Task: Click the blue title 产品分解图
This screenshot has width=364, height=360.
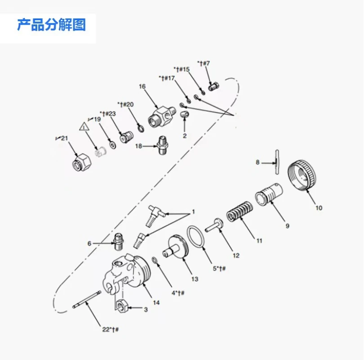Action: [x=51, y=24]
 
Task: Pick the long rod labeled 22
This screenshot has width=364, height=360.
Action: [x=85, y=301]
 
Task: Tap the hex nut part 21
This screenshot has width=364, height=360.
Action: [x=80, y=161]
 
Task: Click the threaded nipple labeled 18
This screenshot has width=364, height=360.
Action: [x=162, y=146]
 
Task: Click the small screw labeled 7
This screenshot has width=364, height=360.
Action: [x=214, y=86]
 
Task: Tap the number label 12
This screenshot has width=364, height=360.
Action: [x=236, y=256]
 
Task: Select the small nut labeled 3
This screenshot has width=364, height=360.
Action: [x=120, y=306]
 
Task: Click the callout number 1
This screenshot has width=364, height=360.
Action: [x=194, y=211]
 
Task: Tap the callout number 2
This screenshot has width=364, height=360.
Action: [x=184, y=135]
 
